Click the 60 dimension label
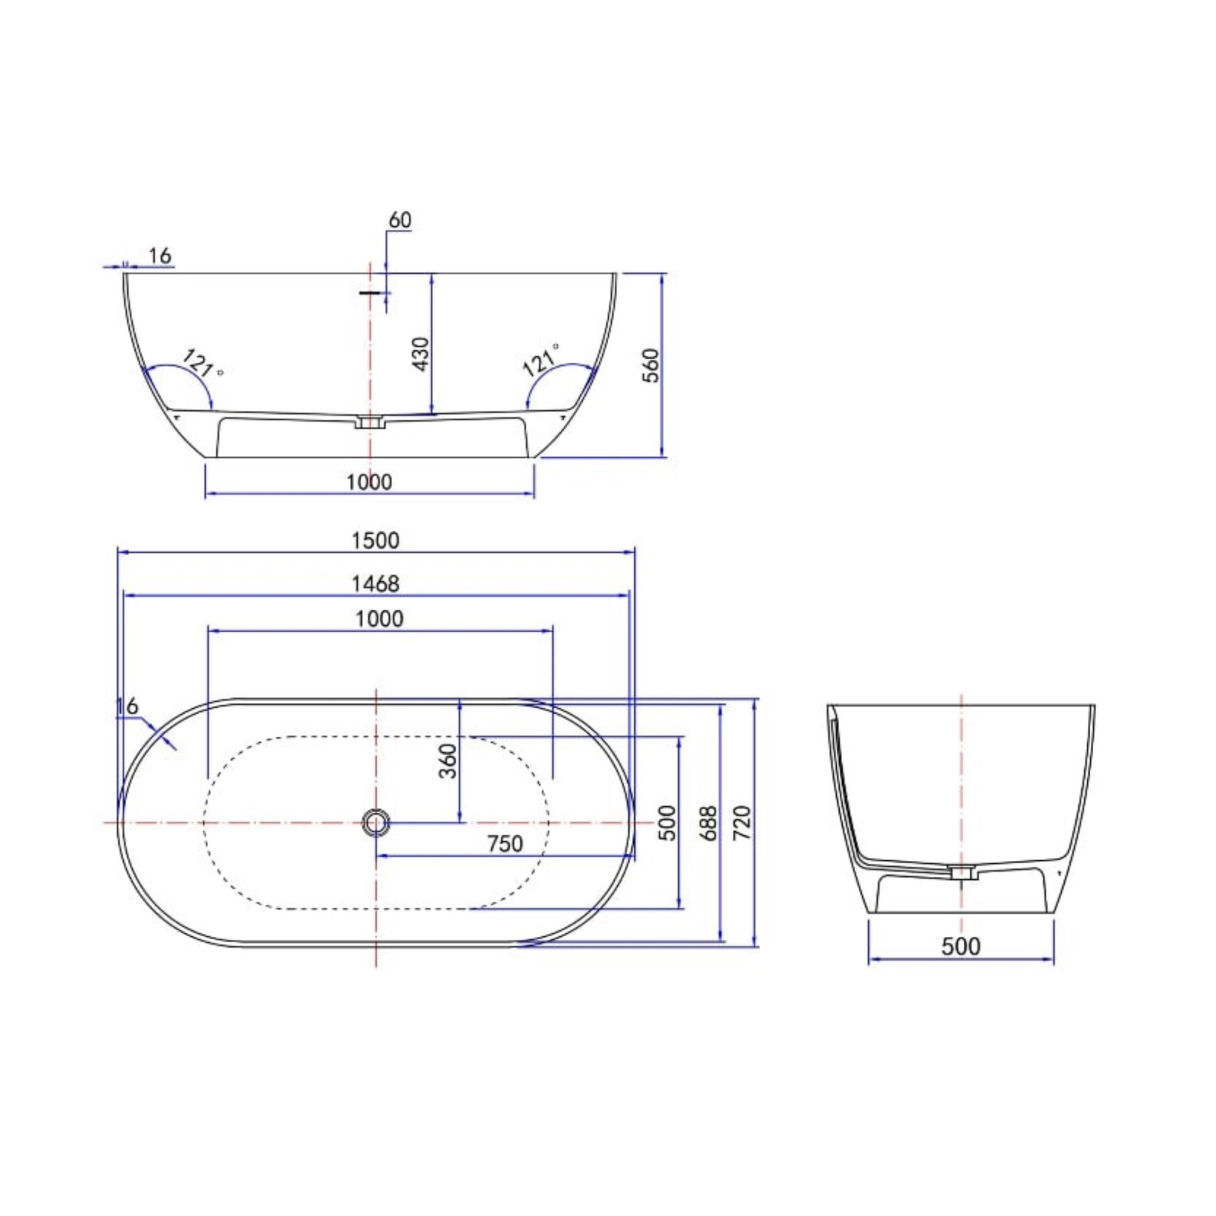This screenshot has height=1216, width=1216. click(399, 220)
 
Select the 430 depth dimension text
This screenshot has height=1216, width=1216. click(421, 354)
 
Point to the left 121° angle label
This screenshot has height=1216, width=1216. click(201, 365)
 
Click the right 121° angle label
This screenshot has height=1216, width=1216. click(541, 361)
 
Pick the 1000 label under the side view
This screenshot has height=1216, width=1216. click(369, 482)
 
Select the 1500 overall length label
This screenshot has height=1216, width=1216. click(376, 540)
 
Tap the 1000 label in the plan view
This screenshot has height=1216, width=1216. click(379, 619)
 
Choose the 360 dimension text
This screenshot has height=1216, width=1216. click(448, 761)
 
